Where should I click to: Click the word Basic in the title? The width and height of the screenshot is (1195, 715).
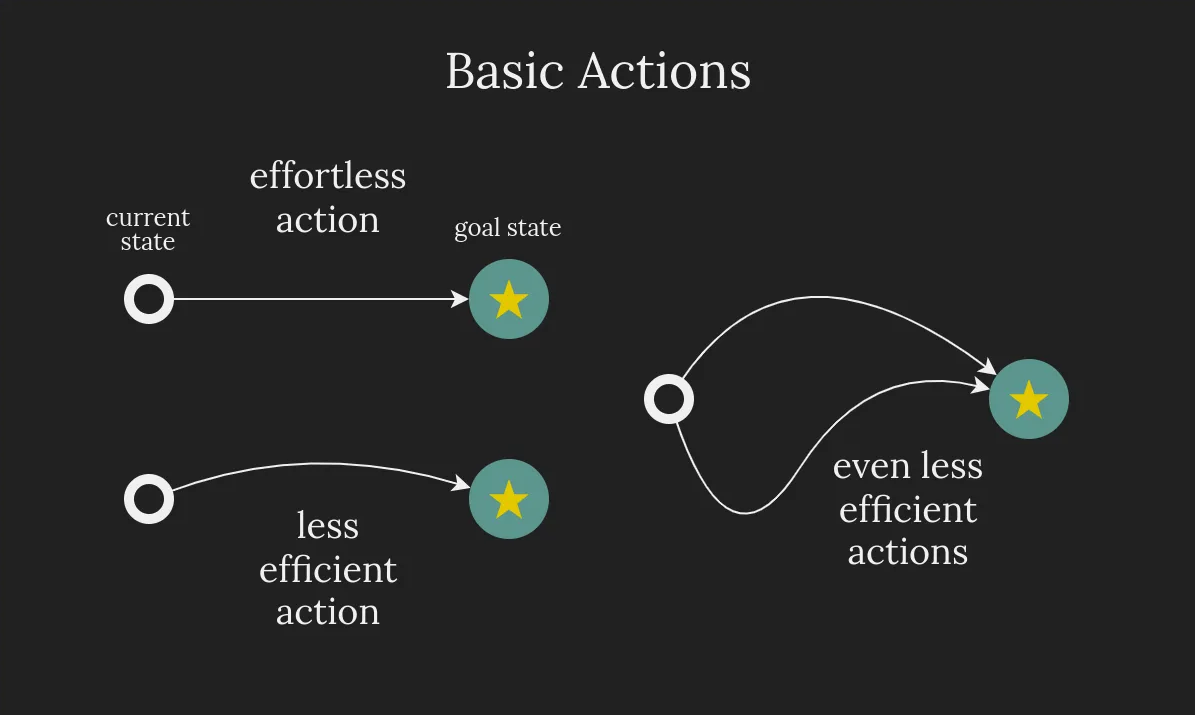[505, 72]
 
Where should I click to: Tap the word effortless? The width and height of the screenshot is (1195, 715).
[328, 176]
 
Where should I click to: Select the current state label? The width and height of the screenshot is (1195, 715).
[148, 230]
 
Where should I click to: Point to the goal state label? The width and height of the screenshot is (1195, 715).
[507, 229]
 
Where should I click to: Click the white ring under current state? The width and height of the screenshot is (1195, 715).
[149, 299]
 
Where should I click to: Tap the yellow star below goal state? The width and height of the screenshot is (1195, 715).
[509, 299]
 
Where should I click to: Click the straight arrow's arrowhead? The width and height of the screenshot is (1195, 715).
[462, 299]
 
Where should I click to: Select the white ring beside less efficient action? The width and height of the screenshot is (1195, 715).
[149, 499]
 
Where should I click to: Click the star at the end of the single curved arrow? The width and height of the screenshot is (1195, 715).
[509, 499]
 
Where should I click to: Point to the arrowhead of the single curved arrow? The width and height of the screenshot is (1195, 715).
[462, 486]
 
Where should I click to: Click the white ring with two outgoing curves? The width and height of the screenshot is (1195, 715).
[669, 399]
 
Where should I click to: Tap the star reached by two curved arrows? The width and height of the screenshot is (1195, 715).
[1029, 399]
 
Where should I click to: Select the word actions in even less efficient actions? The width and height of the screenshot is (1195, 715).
[908, 552]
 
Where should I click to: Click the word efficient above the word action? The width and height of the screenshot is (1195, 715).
[328, 570]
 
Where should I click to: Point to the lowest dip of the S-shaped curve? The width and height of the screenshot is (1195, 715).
[745, 513]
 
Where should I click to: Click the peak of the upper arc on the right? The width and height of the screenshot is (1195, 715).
[820, 297]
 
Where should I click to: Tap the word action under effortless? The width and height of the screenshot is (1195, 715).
[328, 220]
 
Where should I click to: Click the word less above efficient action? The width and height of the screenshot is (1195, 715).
[328, 526]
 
